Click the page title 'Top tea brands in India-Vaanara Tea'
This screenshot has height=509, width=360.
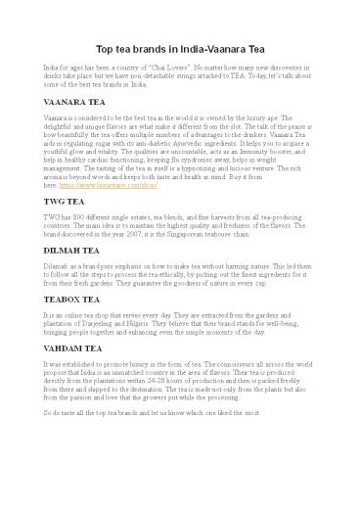[x=180, y=48]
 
